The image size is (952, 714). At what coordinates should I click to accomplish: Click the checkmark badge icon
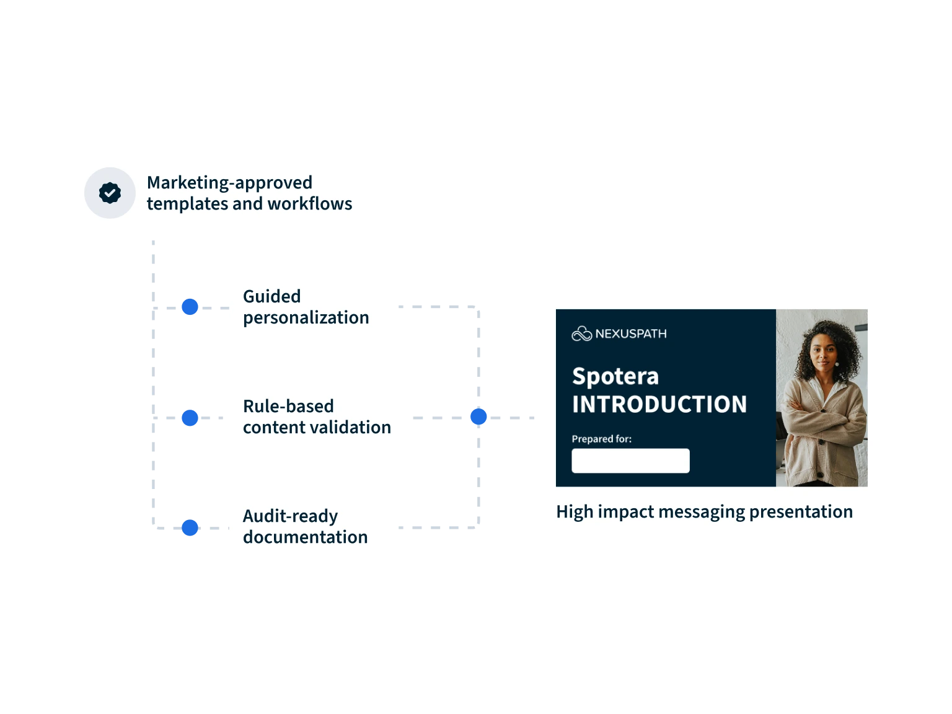110,193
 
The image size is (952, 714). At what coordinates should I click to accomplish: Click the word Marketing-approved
229,183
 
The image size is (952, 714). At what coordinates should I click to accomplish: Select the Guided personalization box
309,306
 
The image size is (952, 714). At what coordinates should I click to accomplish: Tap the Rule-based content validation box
317,416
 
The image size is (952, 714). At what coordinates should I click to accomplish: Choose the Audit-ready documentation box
312,527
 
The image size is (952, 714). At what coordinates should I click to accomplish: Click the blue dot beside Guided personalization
189,307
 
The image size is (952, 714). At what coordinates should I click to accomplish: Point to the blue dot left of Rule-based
189,417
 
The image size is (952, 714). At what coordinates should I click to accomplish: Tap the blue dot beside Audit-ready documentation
189,527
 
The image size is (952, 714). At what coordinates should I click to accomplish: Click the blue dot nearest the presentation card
478,416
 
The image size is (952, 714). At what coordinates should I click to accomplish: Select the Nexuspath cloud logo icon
581,334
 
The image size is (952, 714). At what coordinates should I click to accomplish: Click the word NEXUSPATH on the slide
631,334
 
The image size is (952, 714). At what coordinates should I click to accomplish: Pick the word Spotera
615,377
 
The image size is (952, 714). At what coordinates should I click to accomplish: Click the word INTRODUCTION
659,404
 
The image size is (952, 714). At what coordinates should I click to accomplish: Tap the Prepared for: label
601,439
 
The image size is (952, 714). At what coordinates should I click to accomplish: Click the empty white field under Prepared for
630,461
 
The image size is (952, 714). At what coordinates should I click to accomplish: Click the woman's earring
837,364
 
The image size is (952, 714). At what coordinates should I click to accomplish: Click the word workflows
310,204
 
